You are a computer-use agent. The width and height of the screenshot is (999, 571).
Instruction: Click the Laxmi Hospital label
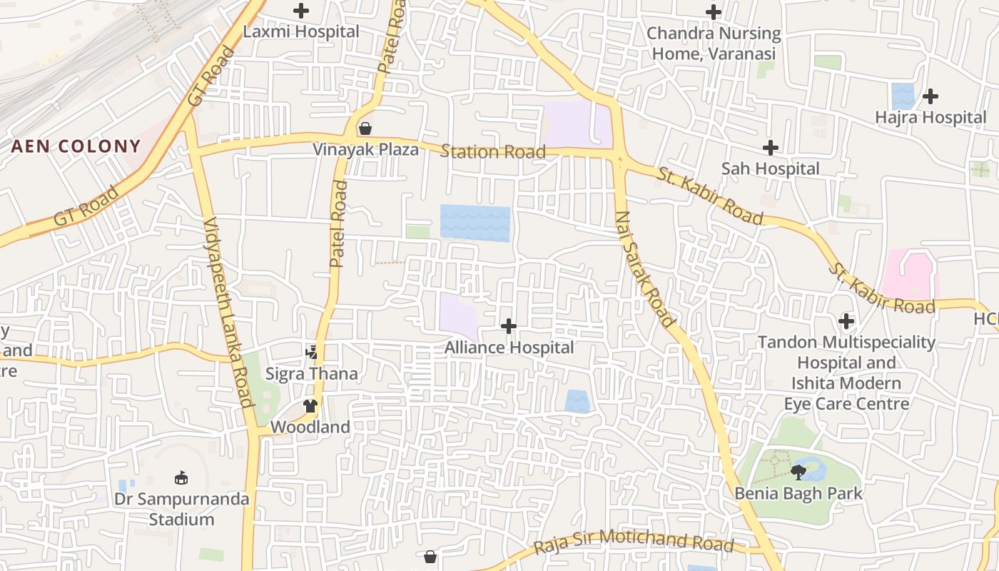(x=301, y=32)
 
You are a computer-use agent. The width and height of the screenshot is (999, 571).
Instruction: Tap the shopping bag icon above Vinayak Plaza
(x=365, y=128)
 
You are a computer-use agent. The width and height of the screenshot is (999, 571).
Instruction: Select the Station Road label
(x=493, y=151)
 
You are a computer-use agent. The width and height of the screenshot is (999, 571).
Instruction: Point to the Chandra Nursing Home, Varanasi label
(x=714, y=44)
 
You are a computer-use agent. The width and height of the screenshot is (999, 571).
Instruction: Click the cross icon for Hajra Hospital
(x=930, y=96)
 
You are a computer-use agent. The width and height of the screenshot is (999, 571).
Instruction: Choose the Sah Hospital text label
(x=770, y=169)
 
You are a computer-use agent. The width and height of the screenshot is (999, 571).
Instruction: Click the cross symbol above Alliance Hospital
(x=509, y=326)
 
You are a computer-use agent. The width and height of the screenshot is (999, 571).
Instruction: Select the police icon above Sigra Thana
(x=312, y=352)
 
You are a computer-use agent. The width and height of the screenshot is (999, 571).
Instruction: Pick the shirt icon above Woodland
(x=310, y=405)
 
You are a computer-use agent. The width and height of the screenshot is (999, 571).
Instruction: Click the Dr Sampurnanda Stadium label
(x=182, y=509)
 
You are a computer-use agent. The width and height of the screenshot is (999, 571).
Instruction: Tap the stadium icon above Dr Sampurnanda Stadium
(x=181, y=477)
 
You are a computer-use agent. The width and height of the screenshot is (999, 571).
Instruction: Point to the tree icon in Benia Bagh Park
(x=798, y=472)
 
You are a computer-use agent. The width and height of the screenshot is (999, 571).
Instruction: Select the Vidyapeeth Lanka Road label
(x=228, y=312)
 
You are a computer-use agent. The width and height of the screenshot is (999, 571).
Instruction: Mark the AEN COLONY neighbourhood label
(x=76, y=146)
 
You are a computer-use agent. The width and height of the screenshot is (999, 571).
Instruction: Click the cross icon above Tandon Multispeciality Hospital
(x=846, y=321)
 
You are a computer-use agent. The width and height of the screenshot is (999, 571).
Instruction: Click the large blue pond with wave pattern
(x=475, y=223)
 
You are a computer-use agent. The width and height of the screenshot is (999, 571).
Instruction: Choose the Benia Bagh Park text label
(x=798, y=493)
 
